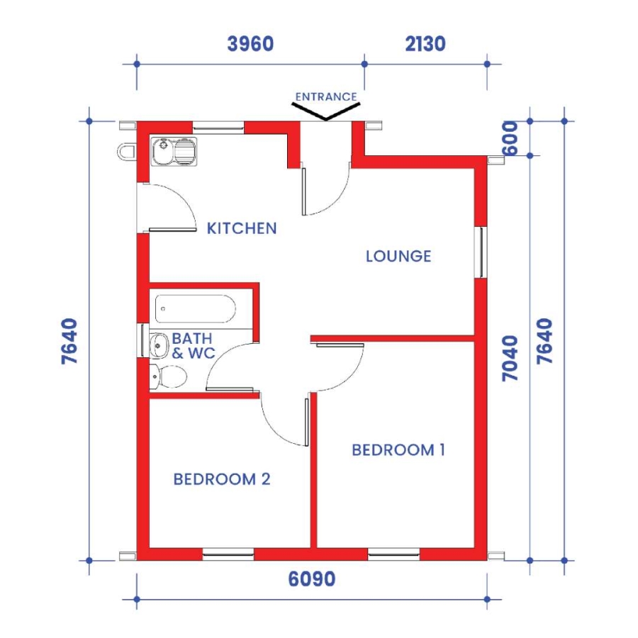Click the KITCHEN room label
click(241, 228)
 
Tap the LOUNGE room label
click(398, 256)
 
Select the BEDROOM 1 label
click(398, 449)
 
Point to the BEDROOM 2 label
click(222, 479)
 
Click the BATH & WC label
click(192, 345)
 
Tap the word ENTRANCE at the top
click(325, 96)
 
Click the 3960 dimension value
click(250, 44)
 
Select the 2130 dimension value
click(425, 44)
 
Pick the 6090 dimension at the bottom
click(312, 580)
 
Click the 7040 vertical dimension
click(510, 358)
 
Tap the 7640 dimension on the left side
click(70, 340)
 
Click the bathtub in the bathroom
click(194, 308)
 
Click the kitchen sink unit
click(174, 151)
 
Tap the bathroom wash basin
click(158, 346)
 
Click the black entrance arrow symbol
click(325, 112)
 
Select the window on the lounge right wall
click(481, 252)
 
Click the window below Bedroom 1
click(394, 554)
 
